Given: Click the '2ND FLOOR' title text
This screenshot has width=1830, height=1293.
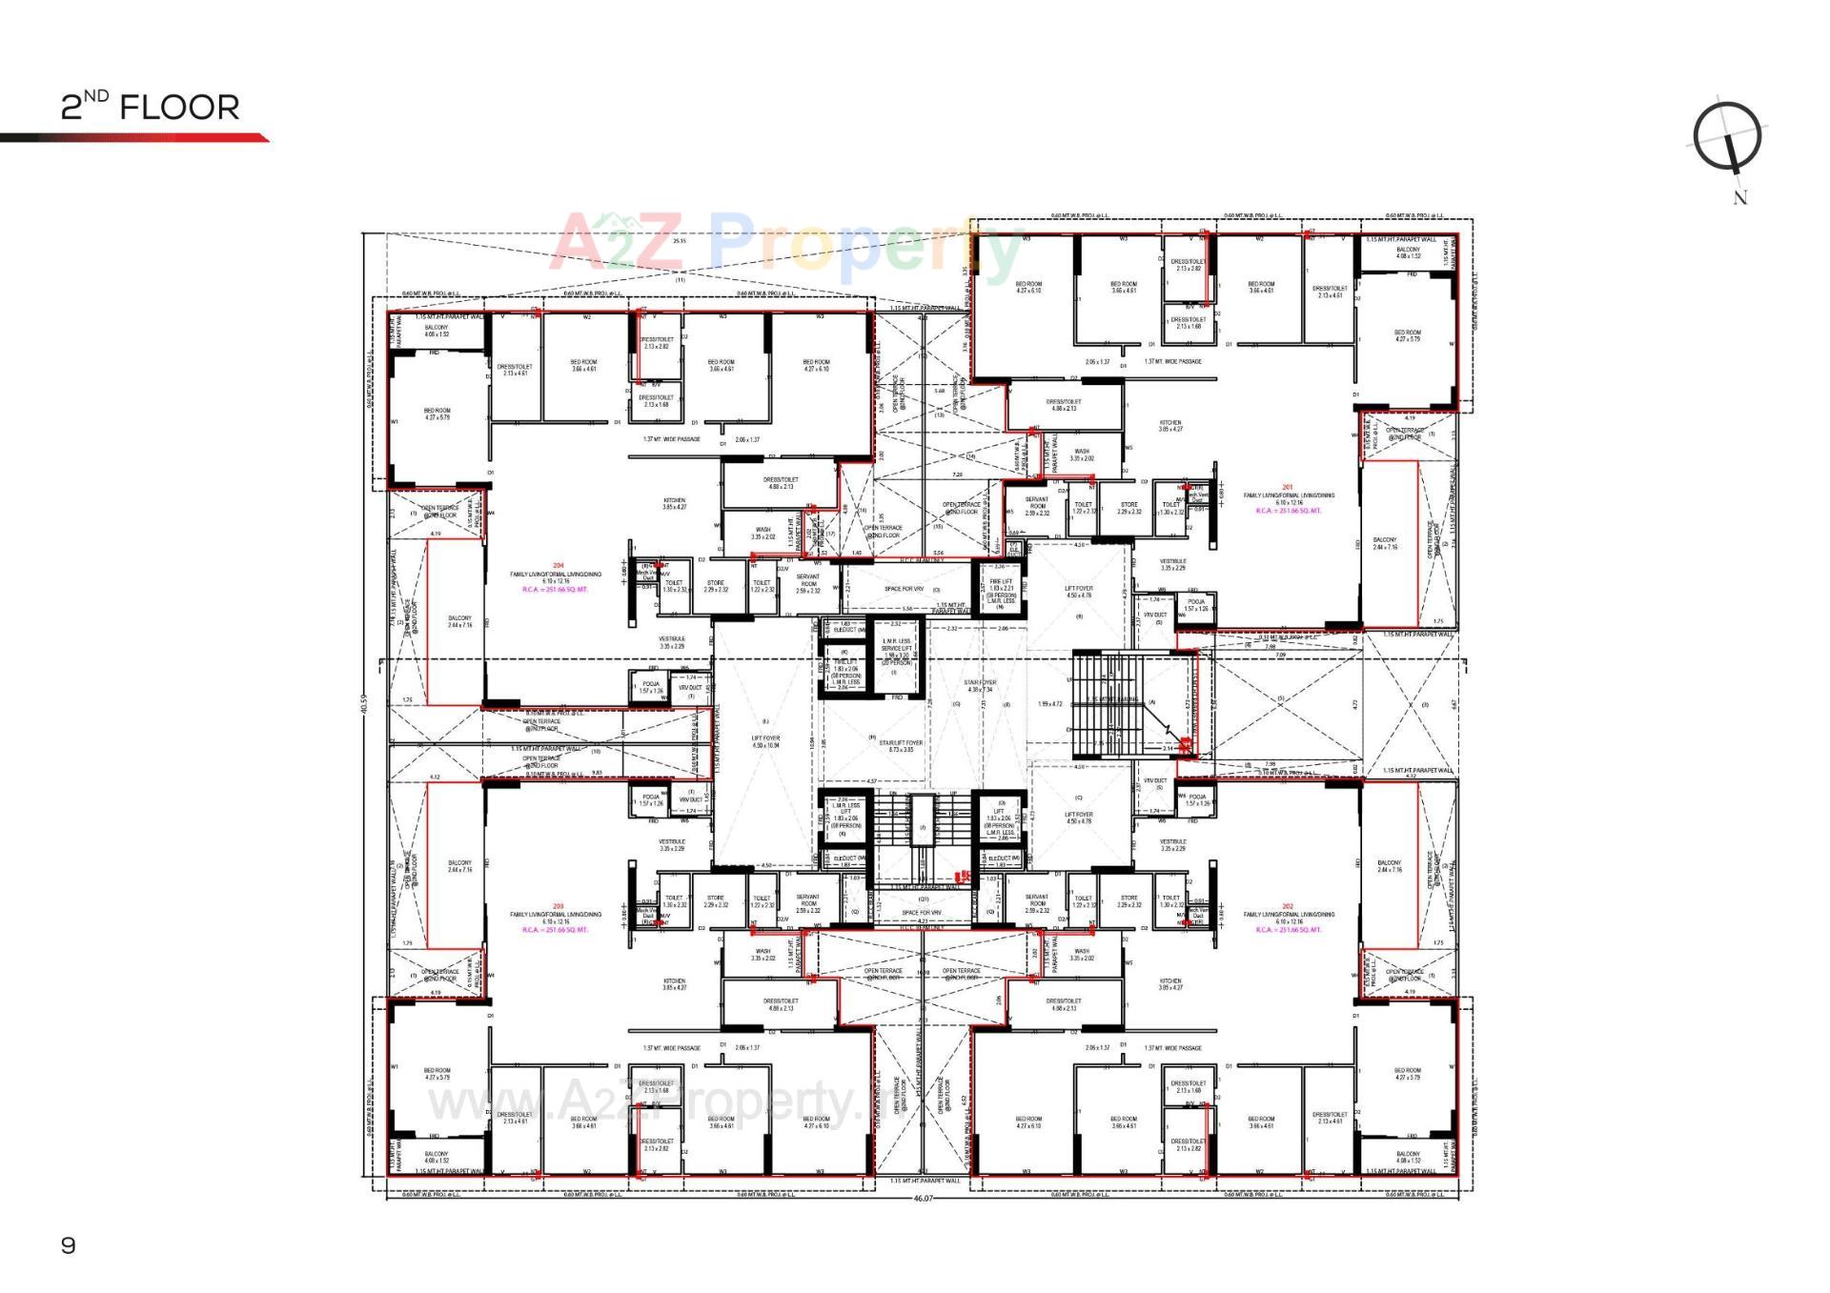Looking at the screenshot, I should [150, 106].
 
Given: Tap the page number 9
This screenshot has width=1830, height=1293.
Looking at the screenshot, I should [68, 1245].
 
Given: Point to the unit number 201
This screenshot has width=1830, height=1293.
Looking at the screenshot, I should [1288, 487].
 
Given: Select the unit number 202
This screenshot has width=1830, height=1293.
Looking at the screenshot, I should [1288, 906].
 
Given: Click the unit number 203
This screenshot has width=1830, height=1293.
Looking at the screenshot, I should [558, 906].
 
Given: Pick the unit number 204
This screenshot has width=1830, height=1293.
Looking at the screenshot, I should [558, 566].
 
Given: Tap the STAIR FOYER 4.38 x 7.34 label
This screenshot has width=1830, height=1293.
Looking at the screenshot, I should [980, 686].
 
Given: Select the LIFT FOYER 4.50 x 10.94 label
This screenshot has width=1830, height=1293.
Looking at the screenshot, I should [765, 741].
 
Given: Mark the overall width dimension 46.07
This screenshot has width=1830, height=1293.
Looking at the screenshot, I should [923, 1198].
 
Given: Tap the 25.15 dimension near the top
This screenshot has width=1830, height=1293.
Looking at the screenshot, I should [679, 241].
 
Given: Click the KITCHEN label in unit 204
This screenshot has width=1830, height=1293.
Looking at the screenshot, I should [674, 503].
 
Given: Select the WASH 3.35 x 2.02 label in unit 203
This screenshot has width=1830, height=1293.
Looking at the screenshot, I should [762, 954].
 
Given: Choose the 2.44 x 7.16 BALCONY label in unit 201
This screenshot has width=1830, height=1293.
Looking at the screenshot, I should [1384, 543].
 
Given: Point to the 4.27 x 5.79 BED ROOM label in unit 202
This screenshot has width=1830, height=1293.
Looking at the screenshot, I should [1407, 1074].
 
